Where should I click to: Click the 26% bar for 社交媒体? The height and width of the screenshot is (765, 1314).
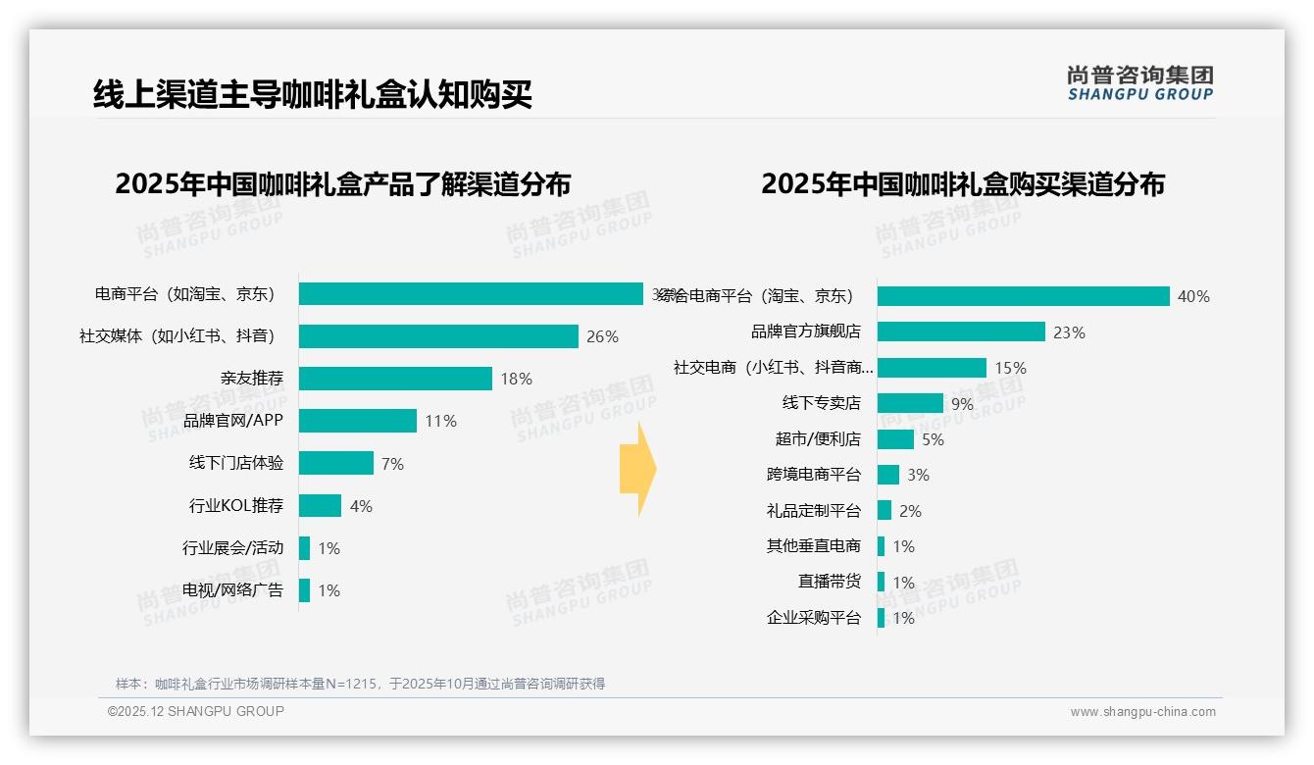tap(438, 336)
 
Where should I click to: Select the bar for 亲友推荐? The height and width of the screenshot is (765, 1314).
tap(395, 379)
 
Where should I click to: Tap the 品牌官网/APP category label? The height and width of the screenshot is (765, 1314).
tap(233, 421)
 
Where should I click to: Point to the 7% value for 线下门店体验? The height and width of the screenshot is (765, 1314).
tap(392, 464)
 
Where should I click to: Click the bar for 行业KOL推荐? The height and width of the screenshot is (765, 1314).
tap(320, 506)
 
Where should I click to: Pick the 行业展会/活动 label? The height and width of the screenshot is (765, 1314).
tap(232, 548)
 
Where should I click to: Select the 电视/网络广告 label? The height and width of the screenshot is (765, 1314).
tap(232, 590)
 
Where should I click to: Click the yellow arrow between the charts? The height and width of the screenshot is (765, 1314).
tap(637, 469)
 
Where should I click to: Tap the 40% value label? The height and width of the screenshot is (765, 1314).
tap(1193, 296)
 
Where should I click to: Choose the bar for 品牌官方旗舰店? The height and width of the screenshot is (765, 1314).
tap(961, 331)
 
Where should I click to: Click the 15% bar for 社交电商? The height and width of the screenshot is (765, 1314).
tap(932, 368)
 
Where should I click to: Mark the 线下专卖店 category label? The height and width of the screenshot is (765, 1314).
tap(821, 403)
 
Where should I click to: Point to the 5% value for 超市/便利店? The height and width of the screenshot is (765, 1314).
tap(933, 439)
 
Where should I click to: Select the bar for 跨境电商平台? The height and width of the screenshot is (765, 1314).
tap(888, 475)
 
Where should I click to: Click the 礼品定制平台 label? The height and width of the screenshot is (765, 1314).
tap(813, 511)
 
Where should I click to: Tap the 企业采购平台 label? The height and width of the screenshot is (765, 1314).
tap(813, 618)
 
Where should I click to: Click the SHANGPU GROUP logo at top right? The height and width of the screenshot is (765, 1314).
tap(1139, 83)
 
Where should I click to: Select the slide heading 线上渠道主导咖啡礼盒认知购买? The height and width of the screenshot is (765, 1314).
tap(313, 95)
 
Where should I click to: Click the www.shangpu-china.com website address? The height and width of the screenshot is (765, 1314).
tap(1142, 712)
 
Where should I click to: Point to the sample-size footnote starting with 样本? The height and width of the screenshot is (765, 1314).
tap(360, 684)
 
